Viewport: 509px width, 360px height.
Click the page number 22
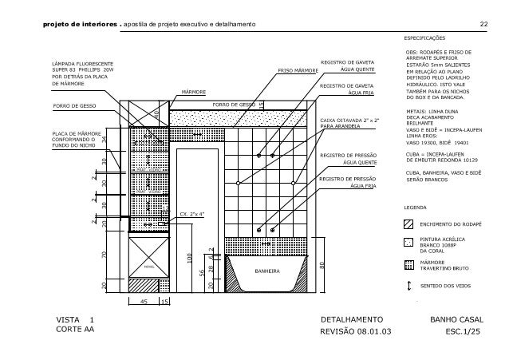483,23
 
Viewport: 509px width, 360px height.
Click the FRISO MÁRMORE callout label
297,71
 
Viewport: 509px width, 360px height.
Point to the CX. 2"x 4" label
192,214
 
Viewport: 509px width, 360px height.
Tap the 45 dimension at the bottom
144,303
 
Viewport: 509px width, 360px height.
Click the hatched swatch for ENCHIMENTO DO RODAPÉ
409,224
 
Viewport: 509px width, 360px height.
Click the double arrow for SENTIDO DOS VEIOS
409,284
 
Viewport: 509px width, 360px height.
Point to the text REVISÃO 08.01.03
356,330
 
